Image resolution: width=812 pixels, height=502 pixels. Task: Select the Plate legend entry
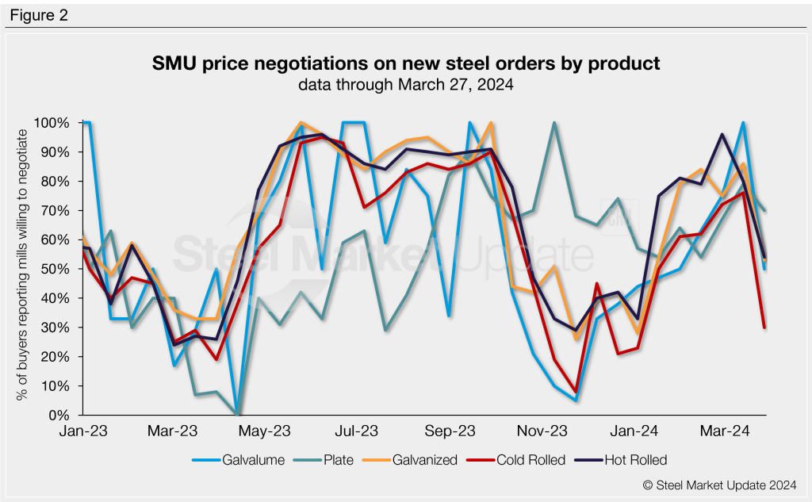339,460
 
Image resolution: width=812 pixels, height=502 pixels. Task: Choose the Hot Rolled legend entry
635,460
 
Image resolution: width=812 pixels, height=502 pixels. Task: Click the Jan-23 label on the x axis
83,431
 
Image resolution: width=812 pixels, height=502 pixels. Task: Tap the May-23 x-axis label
265,431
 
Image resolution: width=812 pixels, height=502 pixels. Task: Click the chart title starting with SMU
406,63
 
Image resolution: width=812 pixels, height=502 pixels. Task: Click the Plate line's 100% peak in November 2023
553,123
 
